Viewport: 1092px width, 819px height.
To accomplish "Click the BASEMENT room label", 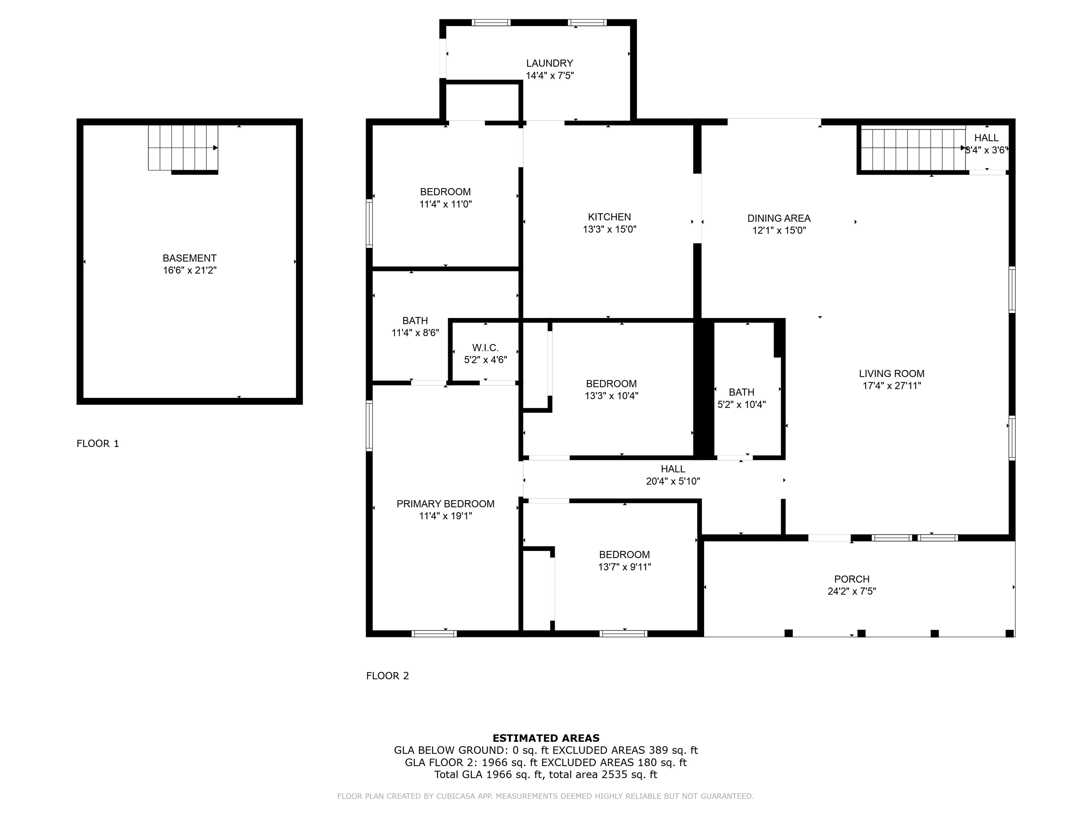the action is coord(189,258).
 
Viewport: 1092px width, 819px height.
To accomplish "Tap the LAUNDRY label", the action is coord(550,63).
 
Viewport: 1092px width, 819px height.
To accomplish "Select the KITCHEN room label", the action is coord(609,217).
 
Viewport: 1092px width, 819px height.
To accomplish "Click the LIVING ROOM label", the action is coord(892,374).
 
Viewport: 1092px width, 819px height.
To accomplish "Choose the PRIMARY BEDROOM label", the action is coord(445,504).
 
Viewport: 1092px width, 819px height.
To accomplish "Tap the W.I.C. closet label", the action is coord(485,348).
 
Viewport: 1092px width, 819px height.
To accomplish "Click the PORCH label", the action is coord(852,579).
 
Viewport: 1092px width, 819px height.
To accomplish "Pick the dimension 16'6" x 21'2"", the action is coord(189,271).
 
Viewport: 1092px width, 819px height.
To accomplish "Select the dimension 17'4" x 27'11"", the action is coord(892,386).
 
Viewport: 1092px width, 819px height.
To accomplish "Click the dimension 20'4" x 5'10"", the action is coord(673,481).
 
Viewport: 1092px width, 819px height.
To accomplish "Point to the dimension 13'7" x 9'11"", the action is coord(625,567).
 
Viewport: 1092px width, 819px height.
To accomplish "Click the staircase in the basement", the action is coord(183,148).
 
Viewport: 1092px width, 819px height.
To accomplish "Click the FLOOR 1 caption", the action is coord(98,443).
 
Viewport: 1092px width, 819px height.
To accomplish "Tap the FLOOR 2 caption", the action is coord(387,676).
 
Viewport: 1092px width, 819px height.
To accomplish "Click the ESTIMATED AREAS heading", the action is coord(546,738).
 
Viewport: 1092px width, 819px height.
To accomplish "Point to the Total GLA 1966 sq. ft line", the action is coord(546,775).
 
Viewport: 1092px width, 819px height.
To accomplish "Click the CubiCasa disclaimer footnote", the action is coord(546,796).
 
